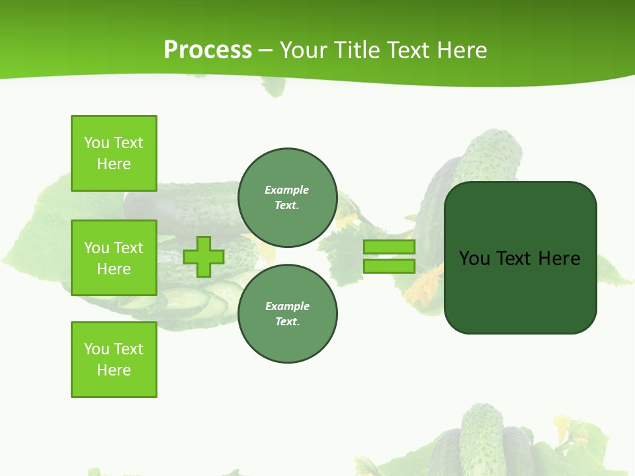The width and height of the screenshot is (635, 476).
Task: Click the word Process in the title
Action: coord(208,50)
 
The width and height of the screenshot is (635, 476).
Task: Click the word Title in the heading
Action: coord(357,50)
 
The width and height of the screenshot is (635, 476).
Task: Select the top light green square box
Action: coord(114,153)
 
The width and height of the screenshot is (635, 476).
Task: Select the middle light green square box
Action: coord(114,258)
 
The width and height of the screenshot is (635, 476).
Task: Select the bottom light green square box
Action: coord(114,360)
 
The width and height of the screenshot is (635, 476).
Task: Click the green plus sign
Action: coord(204,257)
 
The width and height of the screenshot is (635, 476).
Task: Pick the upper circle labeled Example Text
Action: coord(287,198)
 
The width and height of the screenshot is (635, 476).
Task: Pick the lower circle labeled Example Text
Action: coord(287,314)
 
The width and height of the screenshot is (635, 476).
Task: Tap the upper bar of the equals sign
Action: coord(389,247)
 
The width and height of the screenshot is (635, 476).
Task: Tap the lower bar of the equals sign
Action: coord(389,266)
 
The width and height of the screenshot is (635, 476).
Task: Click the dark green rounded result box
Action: coord(520,291)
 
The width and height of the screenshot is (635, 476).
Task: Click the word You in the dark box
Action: coord(474,258)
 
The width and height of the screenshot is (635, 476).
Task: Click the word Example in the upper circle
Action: coord(287,190)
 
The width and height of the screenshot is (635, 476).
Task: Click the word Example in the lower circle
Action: coord(287,306)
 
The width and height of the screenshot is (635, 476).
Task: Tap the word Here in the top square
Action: coord(114,164)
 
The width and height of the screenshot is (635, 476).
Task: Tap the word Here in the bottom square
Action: coord(114,370)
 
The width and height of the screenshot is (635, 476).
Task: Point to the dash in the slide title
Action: coord(265,50)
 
